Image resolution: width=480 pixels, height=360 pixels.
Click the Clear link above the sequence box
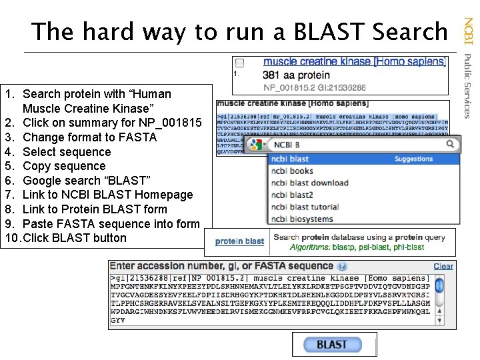point(443,266)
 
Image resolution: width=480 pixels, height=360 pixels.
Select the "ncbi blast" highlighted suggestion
point(290,159)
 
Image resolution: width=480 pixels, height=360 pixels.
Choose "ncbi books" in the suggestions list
point(292,171)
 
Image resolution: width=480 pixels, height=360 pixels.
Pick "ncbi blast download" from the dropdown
point(309,183)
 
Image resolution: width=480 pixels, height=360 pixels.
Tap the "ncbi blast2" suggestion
point(292,195)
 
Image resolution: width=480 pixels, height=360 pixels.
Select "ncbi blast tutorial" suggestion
point(305,207)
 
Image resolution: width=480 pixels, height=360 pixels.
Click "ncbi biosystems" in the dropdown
point(302,219)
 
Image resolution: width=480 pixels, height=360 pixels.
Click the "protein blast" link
point(240,241)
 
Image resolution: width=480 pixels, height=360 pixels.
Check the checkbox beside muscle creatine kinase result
point(240,63)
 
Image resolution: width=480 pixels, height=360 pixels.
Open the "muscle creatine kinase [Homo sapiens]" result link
point(355,62)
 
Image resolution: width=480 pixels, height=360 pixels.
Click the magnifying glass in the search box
point(451,144)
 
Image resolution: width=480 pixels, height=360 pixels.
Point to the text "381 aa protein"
point(296,75)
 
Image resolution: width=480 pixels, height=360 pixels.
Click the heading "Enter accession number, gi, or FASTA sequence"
point(221,266)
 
